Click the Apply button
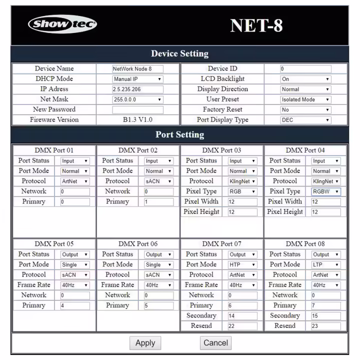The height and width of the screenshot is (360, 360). pyautogui.click(x=145, y=343)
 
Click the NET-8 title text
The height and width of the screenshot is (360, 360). pyautogui.click(x=256, y=25)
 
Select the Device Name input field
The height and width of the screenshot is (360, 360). pyautogui.click(x=137, y=69)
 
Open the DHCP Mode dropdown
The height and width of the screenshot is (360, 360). pyautogui.click(x=137, y=79)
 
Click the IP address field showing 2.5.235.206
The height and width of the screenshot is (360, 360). pyautogui.click(x=137, y=89)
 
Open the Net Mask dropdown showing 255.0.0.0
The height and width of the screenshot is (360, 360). pyautogui.click(x=137, y=99)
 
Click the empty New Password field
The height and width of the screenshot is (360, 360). pyautogui.click(x=137, y=109)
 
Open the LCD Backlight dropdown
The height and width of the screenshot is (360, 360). pyautogui.click(x=305, y=79)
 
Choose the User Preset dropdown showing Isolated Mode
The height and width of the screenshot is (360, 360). pyautogui.click(x=305, y=99)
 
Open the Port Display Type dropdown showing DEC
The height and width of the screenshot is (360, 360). pyautogui.click(x=305, y=120)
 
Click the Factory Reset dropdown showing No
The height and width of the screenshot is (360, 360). pyautogui.click(x=305, y=109)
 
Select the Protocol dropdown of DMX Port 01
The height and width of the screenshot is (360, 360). pyautogui.click(x=75, y=181)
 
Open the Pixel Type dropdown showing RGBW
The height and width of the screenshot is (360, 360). pyautogui.click(x=325, y=191)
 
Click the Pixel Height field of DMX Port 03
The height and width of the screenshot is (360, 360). pyautogui.click(x=242, y=212)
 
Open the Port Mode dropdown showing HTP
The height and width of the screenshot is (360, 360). pyautogui.click(x=242, y=264)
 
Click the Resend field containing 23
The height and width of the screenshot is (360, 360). pyautogui.click(x=325, y=326)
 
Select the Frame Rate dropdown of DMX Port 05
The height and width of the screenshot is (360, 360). pyautogui.click(x=75, y=285)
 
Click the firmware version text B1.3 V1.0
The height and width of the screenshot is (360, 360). pyautogui.click(x=137, y=120)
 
